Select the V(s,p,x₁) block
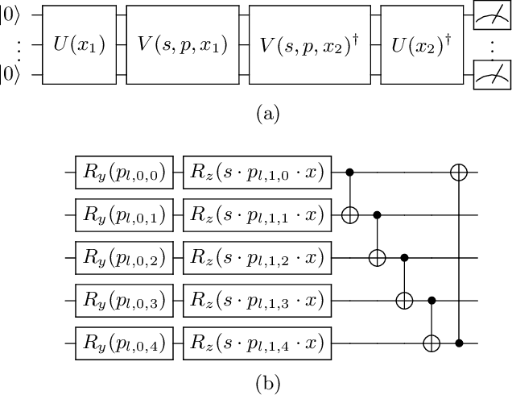pyautogui.click(x=179, y=44)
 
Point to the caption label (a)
pyautogui.click(x=256, y=114)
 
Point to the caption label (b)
pyautogui.click(x=256, y=383)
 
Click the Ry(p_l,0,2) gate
pyautogui.click(x=124, y=258)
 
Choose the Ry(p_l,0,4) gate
pyautogui.click(x=124, y=344)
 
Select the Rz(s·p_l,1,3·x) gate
pyautogui.click(x=257, y=301)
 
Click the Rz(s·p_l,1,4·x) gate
pyautogui.click(x=257, y=344)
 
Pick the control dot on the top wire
pyautogui.click(x=349, y=172)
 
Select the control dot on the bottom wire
pyautogui.click(x=458, y=344)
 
